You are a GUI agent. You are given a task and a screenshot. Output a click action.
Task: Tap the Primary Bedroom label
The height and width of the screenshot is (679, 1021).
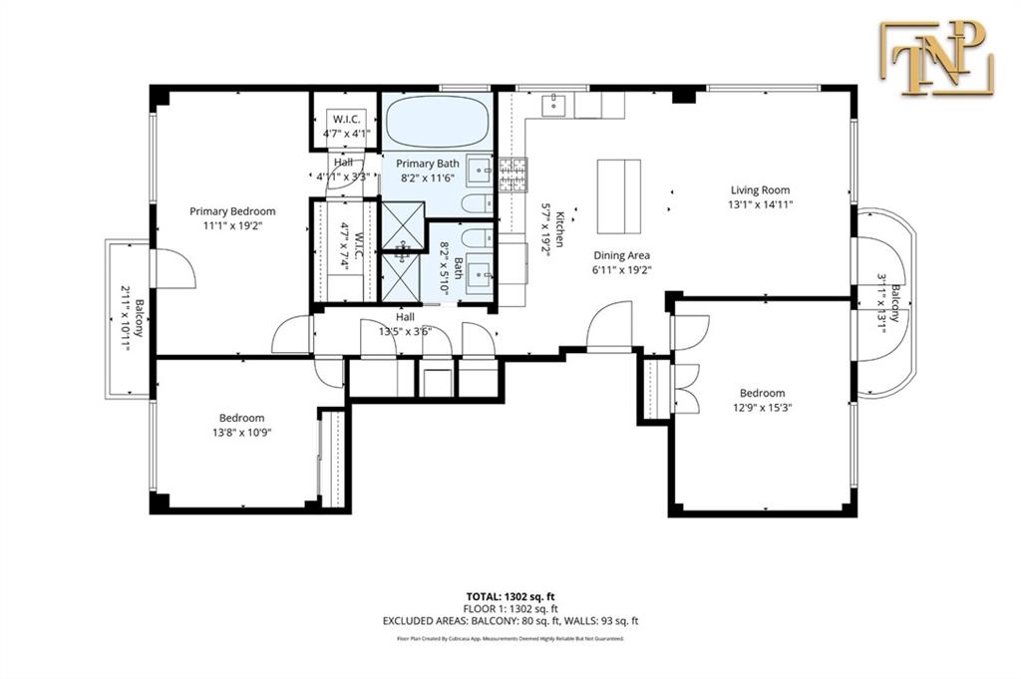pos(232,211)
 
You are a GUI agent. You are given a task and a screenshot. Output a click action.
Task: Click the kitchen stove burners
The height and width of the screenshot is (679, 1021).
pos(512,175)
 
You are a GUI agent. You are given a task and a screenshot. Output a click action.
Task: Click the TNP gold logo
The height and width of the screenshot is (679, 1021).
pos(936,58)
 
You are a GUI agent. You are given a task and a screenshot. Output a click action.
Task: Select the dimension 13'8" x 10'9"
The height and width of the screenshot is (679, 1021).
pos(241,433)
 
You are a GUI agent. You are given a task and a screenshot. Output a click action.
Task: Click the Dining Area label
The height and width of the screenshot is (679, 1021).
pos(622,255)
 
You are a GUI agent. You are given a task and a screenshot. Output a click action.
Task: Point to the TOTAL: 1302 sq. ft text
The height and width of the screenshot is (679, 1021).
pos(510,594)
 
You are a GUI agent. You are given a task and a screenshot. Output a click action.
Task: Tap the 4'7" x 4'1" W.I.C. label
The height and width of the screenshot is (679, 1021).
pos(346,133)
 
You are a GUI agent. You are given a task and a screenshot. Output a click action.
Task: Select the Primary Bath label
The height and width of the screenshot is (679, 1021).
pos(427,164)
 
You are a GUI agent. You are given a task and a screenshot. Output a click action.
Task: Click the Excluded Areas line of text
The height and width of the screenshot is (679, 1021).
pos(510,621)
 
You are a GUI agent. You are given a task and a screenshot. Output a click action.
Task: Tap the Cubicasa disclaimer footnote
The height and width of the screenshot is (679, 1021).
pos(510,637)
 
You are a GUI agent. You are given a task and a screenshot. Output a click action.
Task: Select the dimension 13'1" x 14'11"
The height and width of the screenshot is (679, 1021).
pos(761,204)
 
